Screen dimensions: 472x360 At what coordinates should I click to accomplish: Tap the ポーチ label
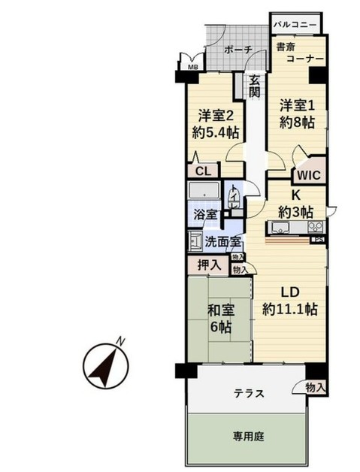(x=238, y=50)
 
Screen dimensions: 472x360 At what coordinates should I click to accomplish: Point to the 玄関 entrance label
(x=256, y=86)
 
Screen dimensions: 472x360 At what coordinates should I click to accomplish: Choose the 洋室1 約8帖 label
(x=298, y=113)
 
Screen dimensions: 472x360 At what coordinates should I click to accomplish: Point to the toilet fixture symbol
(x=237, y=201)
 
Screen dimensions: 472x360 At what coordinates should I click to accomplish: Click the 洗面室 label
(x=222, y=242)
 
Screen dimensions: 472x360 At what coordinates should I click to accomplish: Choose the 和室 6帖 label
(x=220, y=318)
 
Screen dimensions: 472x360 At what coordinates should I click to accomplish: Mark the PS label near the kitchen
(x=319, y=241)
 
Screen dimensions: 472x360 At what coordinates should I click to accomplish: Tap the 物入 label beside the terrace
(x=316, y=387)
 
